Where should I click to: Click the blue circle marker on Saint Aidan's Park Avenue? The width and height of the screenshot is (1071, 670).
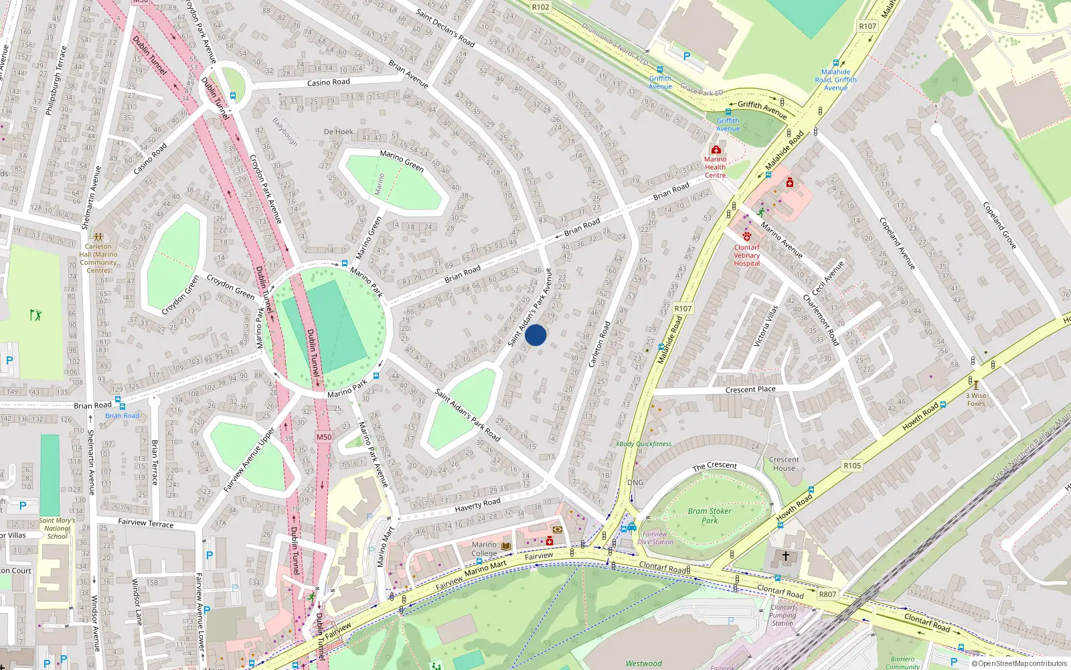[x=535, y=335]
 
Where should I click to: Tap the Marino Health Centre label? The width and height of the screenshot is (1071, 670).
[x=715, y=167]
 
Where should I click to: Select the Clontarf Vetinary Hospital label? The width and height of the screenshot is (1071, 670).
[x=746, y=255]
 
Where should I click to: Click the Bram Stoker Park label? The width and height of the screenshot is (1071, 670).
[x=710, y=515]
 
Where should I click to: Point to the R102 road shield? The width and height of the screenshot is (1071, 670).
[x=540, y=7]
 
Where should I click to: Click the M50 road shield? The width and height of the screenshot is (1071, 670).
[x=324, y=437]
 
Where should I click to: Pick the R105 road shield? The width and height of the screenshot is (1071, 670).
[x=852, y=466]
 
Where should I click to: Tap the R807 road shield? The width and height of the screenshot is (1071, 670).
[x=827, y=594]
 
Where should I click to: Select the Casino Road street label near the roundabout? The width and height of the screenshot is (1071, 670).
[x=328, y=82]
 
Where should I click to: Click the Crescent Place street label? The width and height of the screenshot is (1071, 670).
[x=750, y=389]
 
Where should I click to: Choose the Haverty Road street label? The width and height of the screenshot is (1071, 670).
[x=477, y=505]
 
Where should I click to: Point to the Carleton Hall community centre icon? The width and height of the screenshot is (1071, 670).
[x=98, y=237]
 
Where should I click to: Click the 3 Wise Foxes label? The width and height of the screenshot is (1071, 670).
[x=976, y=399]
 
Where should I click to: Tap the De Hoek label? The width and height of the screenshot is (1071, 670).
[x=338, y=132]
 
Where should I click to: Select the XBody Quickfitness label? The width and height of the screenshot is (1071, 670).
[x=643, y=444]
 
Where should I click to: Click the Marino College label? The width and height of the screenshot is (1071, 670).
[x=484, y=549]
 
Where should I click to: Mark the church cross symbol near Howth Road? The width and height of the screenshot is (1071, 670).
[x=786, y=555]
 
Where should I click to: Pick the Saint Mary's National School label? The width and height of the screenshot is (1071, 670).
[x=57, y=528]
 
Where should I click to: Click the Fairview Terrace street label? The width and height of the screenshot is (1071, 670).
[x=145, y=523]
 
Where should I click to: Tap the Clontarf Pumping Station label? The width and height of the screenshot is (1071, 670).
[x=782, y=615]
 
